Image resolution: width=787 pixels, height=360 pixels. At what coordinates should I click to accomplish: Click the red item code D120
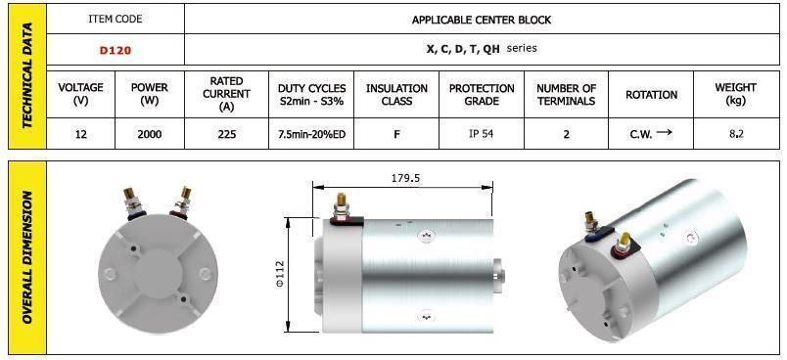coord(116,50)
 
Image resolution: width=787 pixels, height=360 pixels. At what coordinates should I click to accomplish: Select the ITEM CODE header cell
coord(116,19)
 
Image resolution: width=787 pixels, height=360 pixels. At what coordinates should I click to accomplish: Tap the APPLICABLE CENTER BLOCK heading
coord(482,21)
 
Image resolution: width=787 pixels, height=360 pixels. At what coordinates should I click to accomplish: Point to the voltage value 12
coord(81,134)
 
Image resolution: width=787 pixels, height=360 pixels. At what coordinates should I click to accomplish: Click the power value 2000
coord(150,134)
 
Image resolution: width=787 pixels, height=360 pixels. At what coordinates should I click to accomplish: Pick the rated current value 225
coord(227,134)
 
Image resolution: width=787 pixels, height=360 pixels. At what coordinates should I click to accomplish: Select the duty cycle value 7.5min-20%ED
coord(311,134)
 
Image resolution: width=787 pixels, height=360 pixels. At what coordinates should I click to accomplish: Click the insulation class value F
coord(396,134)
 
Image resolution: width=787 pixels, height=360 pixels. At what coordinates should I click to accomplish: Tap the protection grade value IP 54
coord(482,134)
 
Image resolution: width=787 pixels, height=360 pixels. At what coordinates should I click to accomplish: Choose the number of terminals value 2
coord(566,134)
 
